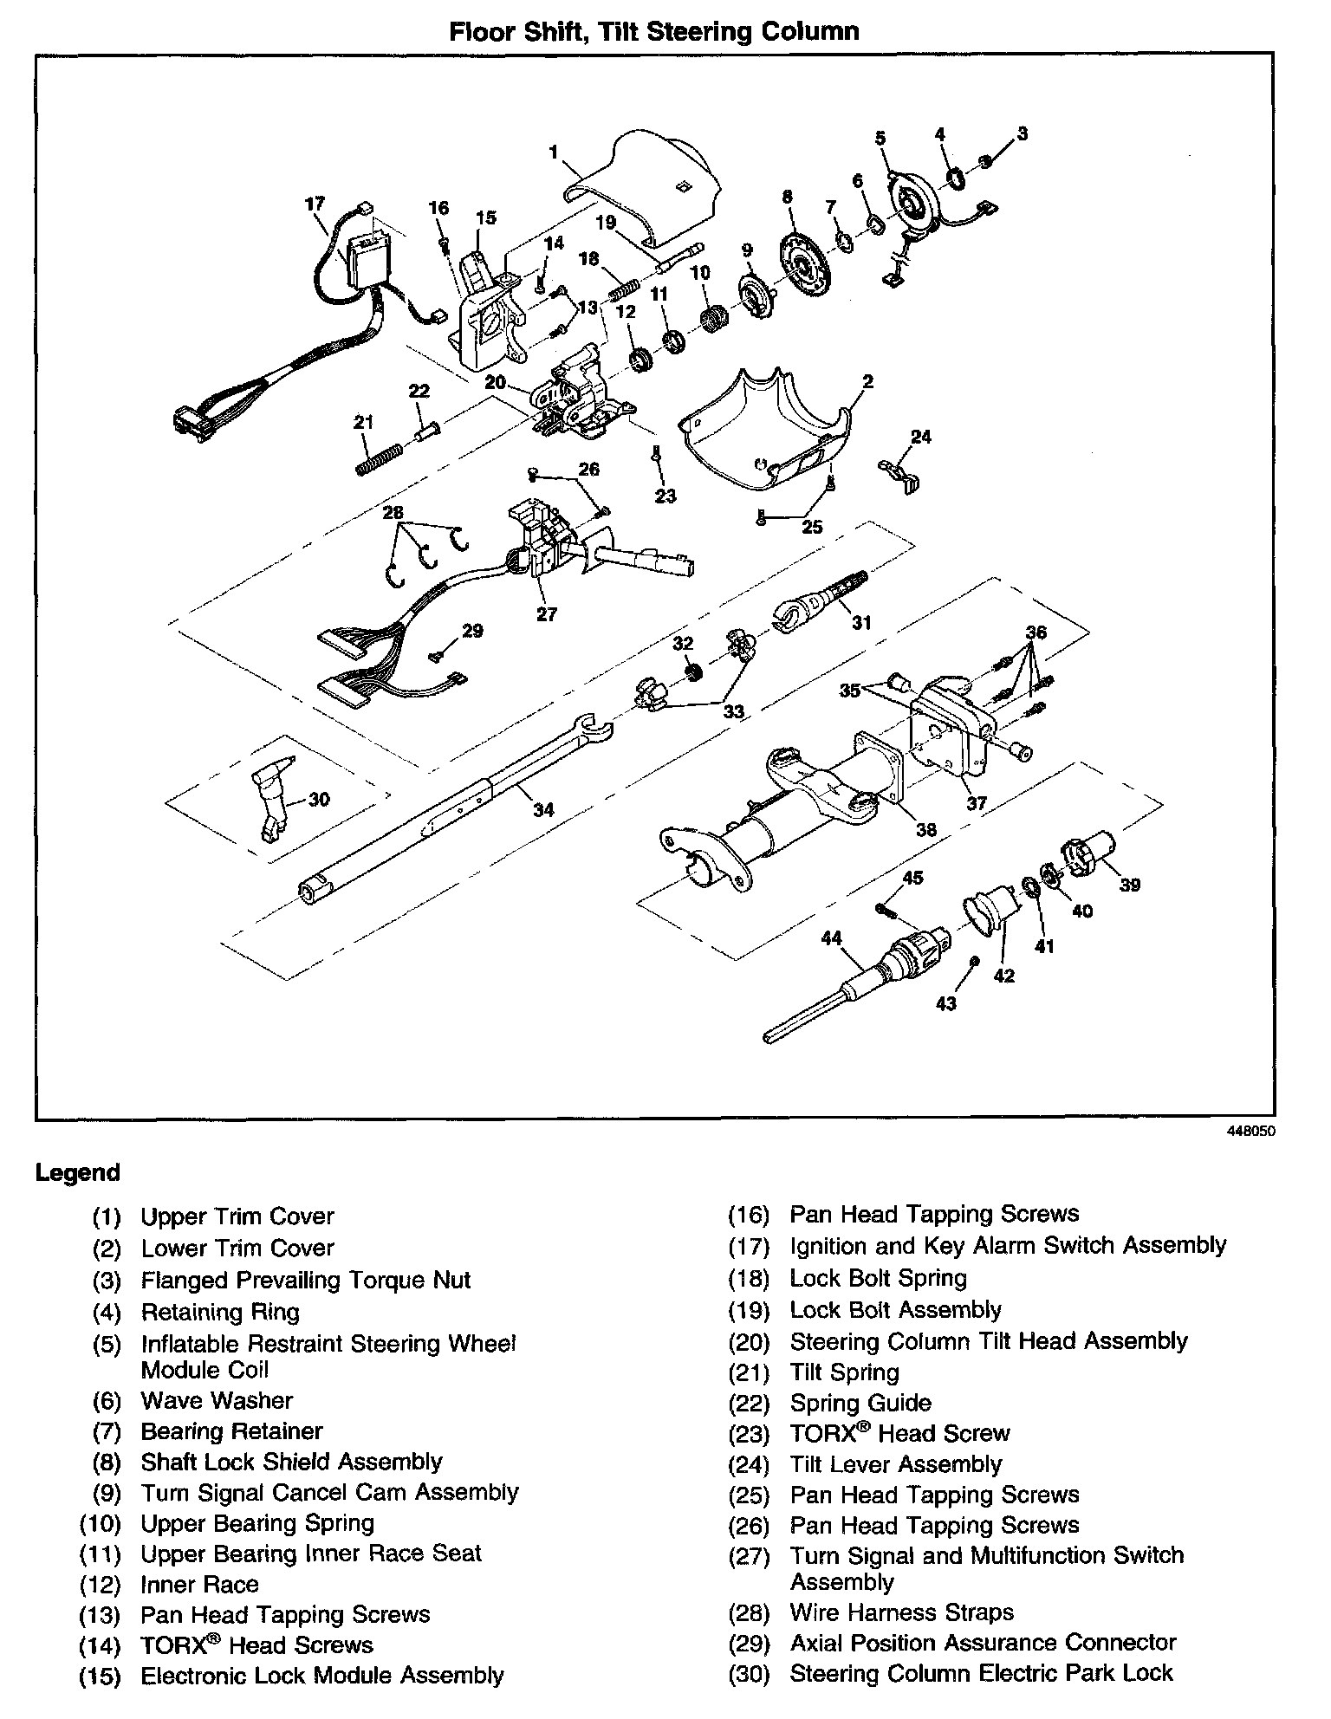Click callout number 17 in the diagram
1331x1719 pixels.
tap(315, 204)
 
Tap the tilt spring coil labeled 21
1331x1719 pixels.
tap(379, 457)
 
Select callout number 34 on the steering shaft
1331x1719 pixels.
tap(543, 810)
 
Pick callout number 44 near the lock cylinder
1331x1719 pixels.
tap(832, 938)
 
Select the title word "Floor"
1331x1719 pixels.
tap(479, 32)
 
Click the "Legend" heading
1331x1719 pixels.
tap(77, 1173)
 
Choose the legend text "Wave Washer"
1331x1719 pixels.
tap(217, 1400)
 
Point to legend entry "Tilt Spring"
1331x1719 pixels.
tap(844, 1372)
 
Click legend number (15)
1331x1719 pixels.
tap(100, 1676)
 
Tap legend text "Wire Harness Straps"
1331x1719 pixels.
tap(901, 1612)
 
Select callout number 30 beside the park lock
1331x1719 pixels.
tap(319, 799)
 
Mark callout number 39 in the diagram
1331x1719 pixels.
tap(1130, 885)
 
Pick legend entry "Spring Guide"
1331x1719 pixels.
tap(860, 1403)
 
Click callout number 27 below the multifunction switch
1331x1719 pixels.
tap(547, 614)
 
